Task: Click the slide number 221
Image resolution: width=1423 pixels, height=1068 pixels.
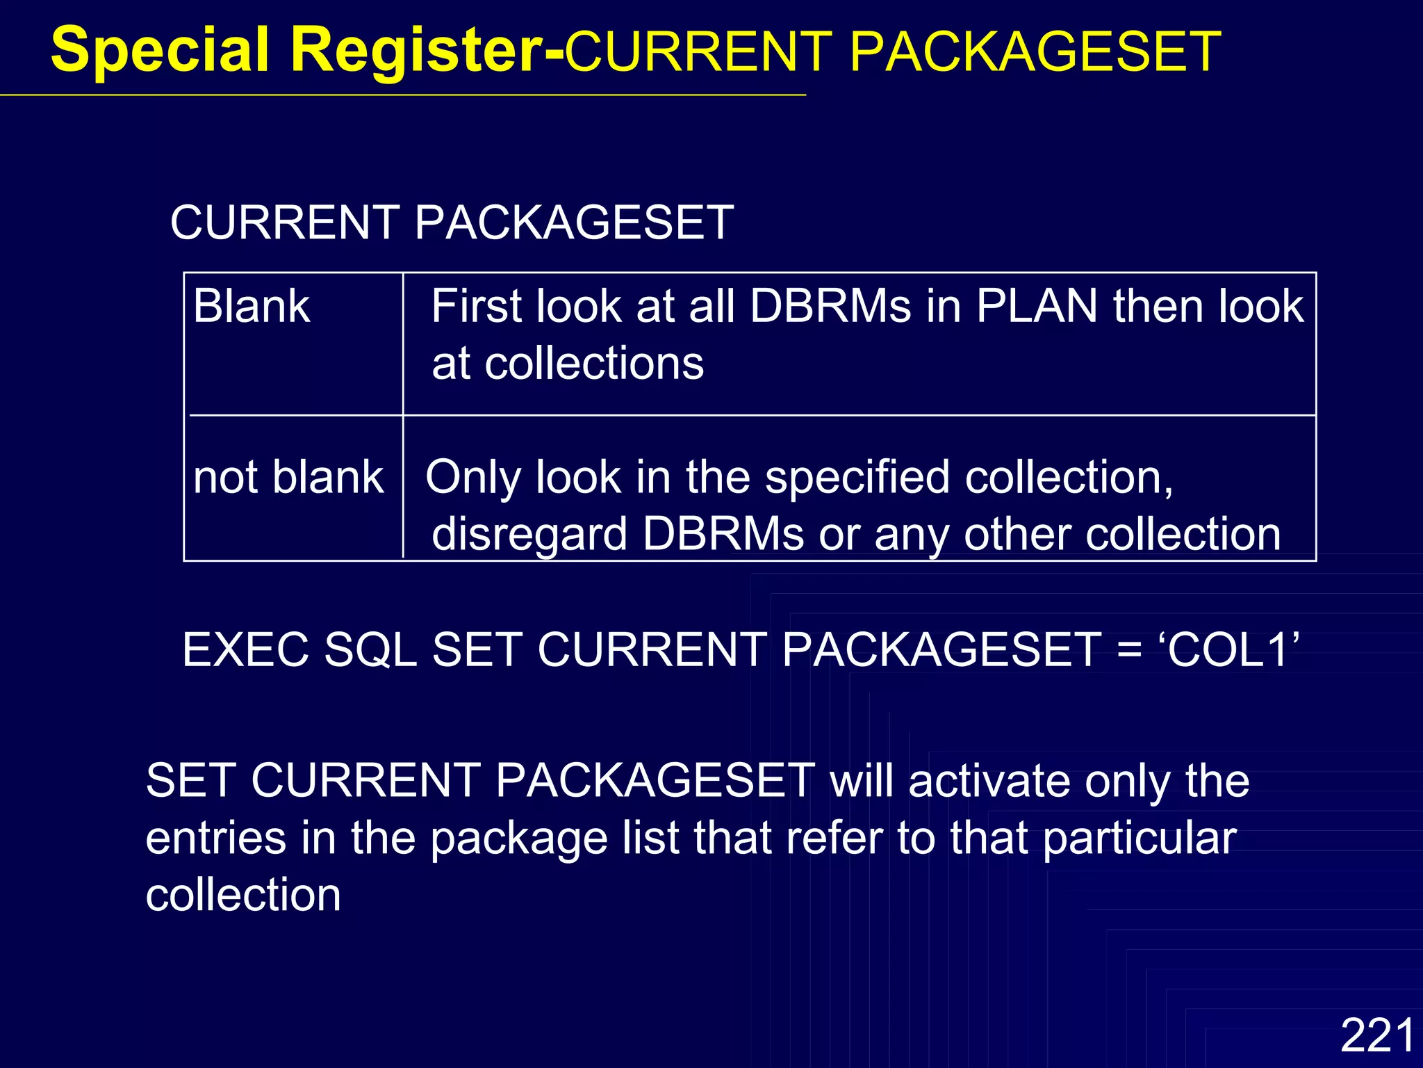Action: click(1377, 1035)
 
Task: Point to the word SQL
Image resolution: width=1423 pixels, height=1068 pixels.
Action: click(370, 650)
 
